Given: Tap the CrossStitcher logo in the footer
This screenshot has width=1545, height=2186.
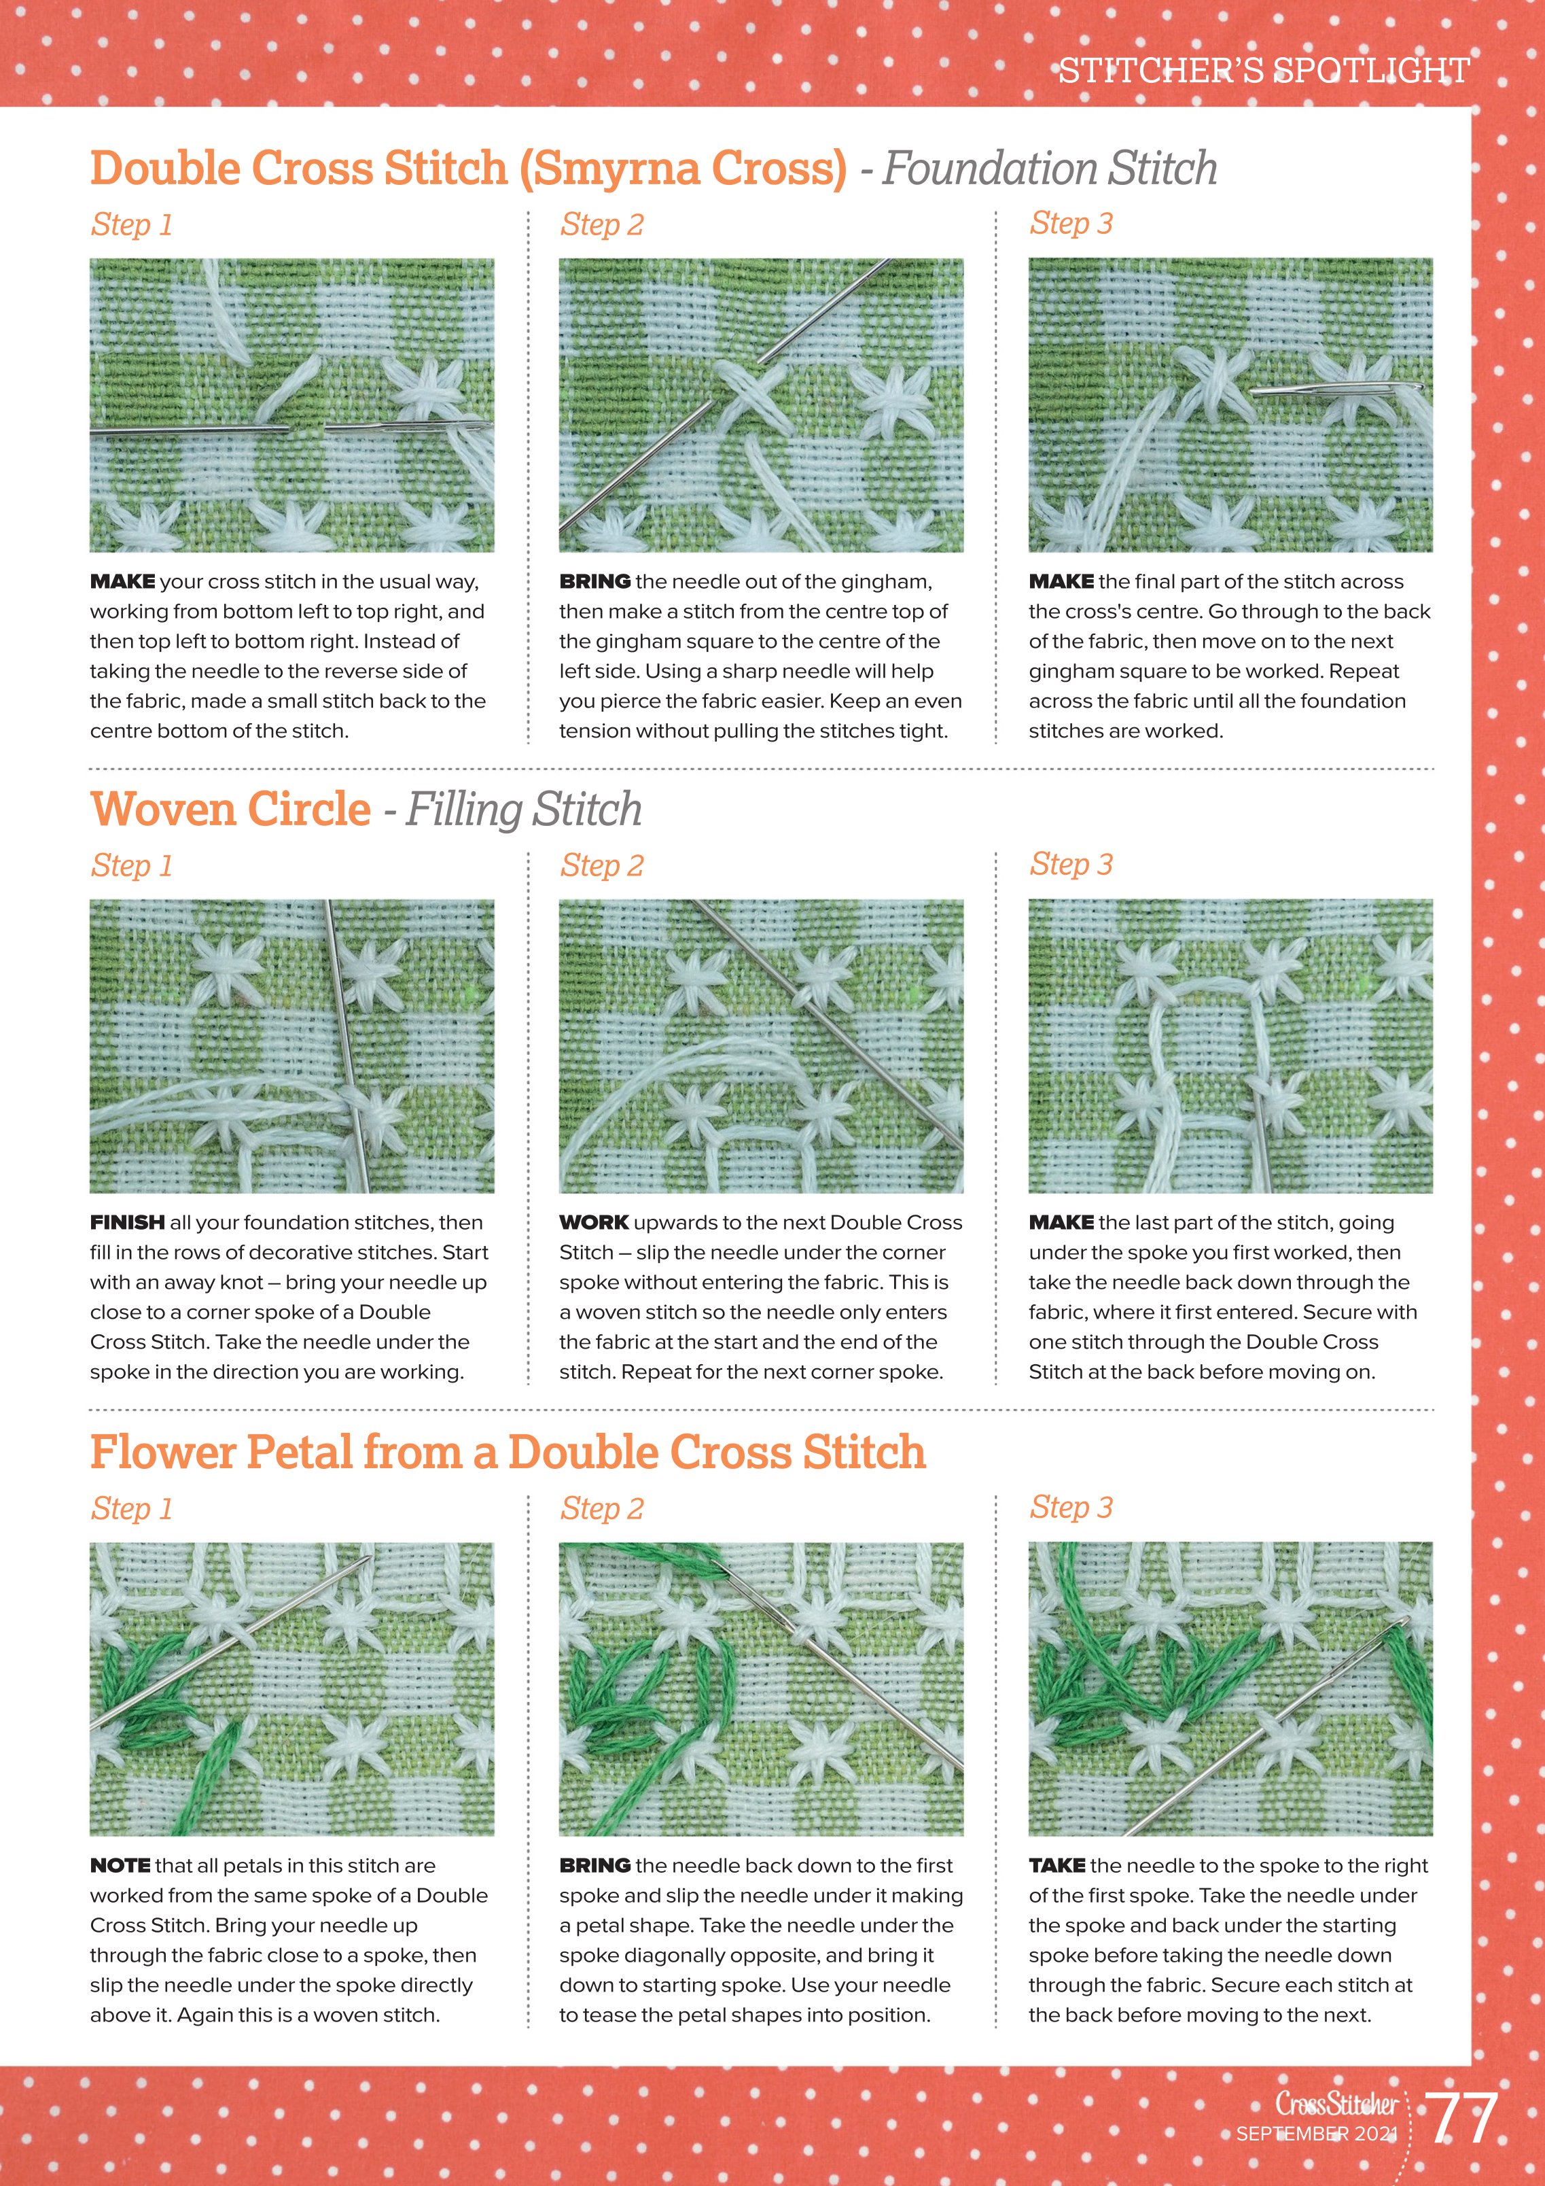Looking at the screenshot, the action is [1336, 2103].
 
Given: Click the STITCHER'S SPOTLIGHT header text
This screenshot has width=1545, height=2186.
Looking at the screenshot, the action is [1264, 69].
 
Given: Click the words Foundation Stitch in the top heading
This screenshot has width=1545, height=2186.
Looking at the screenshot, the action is [1050, 169].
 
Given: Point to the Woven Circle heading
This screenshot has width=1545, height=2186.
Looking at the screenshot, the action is [230, 810].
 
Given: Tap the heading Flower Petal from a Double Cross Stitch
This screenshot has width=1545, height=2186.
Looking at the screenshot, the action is [508, 1452].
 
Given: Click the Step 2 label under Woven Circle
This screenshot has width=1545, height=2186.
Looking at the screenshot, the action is [602, 865].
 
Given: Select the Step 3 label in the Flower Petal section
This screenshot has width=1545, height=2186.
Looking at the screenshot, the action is [1071, 1507].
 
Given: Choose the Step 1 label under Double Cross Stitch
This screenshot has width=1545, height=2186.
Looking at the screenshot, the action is [131, 225].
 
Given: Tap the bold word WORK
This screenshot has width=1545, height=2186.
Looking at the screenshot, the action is [594, 1222].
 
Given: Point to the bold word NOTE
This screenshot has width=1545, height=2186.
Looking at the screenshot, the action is [120, 1865].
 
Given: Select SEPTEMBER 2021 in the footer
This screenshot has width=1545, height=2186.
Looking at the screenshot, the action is [1317, 2134].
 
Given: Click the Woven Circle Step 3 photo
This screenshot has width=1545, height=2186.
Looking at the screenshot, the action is [1230, 1046].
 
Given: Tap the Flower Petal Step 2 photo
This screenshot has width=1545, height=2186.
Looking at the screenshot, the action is [760, 1689].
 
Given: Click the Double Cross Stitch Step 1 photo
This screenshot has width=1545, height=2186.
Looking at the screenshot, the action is [292, 406].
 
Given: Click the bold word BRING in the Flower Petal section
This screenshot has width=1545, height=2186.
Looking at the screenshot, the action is [595, 1865].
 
